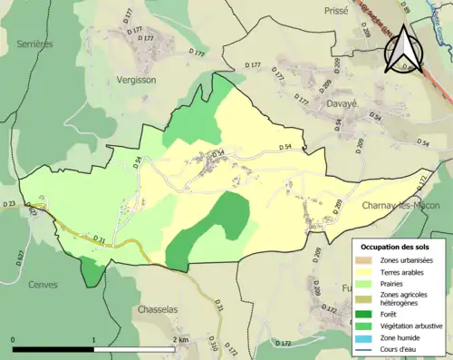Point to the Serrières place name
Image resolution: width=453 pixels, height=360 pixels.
coord(34,43)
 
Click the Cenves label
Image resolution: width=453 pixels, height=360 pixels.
coord(43,284)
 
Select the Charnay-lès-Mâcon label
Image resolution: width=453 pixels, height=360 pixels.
coord(400,206)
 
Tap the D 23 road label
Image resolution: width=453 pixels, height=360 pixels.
coord(10,204)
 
